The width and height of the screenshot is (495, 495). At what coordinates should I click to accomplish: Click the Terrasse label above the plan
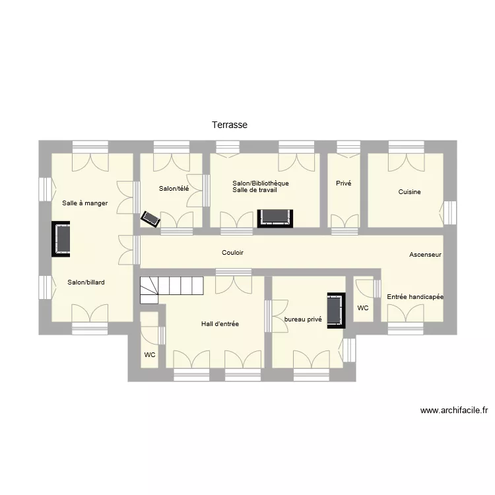click(x=230, y=125)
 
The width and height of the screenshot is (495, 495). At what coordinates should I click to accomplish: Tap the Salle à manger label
click(x=85, y=203)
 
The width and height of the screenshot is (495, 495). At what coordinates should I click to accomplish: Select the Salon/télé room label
click(x=174, y=189)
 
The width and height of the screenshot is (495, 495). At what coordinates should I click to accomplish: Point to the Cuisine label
click(x=409, y=191)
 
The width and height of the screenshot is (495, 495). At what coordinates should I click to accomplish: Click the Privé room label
click(x=343, y=183)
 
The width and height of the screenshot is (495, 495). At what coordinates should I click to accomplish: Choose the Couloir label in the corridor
click(x=232, y=253)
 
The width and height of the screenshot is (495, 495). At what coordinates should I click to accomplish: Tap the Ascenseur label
click(x=425, y=255)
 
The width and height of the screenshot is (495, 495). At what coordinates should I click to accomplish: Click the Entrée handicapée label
click(x=415, y=297)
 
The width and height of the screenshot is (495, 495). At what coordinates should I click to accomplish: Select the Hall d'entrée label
click(x=220, y=323)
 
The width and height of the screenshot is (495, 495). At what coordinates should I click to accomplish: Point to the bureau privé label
click(x=303, y=319)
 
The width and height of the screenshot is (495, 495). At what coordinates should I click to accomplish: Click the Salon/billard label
click(x=86, y=282)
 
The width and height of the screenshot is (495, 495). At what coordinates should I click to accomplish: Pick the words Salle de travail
click(x=255, y=190)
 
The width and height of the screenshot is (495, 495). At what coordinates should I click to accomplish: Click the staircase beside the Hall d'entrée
click(x=172, y=290)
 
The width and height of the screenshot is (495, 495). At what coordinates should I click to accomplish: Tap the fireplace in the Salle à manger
click(x=61, y=239)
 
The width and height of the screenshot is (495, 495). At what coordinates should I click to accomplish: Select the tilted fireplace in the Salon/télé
click(x=150, y=219)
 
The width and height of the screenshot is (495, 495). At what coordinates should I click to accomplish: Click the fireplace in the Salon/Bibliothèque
click(x=275, y=218)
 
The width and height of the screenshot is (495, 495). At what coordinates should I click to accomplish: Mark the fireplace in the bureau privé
click(x=336, y=311)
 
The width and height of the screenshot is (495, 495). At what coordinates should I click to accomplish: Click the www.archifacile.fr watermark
click(x=453, y=411)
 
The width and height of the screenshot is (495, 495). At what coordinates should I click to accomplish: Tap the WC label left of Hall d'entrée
click(x=150, y=355)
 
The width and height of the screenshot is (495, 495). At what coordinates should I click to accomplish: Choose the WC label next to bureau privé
click(x=363, y=308)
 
